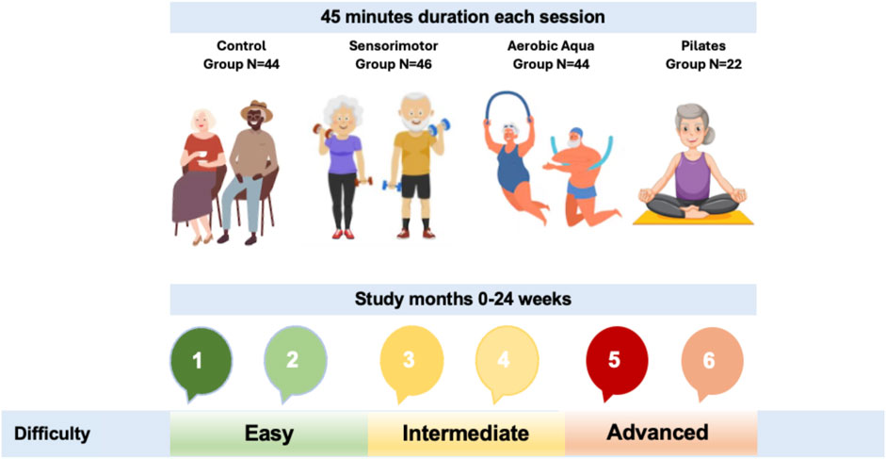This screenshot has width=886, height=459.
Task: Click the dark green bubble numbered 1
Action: [x=201, y=359]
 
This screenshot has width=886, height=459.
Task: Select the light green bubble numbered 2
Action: [x=296, y=359]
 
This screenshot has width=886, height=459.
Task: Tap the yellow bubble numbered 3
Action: [x=411, y=359]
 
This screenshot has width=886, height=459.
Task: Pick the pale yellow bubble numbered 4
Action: [x=506, y=359]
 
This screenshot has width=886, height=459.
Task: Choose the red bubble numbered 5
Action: [x=617, y=359]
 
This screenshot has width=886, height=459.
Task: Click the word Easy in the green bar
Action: [x=269, y=434]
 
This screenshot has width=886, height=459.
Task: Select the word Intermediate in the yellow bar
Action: [x=466, y=434]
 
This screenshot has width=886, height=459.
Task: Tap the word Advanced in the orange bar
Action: [x=657, y=433]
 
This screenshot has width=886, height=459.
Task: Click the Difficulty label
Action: [x=52, y=434]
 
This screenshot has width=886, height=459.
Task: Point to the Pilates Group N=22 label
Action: [x=703, y=55]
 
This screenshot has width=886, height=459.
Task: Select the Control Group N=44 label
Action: [x=242, y=55]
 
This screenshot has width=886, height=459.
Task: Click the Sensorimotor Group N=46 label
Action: [x=394, y=55]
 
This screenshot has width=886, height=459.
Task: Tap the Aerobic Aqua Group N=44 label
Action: [x=551, y=55]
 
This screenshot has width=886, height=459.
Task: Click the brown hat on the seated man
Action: [x=256, y=110]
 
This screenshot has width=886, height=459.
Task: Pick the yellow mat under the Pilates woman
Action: [x=693, y=219]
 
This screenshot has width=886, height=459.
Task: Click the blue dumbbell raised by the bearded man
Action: [x=439, y=127]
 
